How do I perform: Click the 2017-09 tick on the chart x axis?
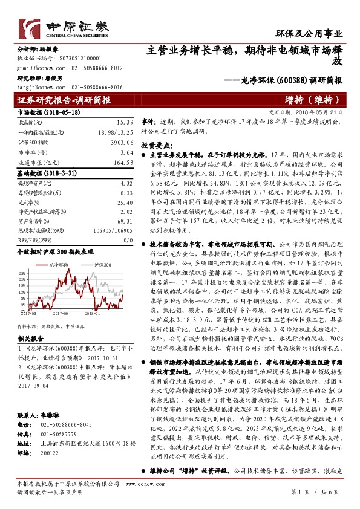pos(60,314)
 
